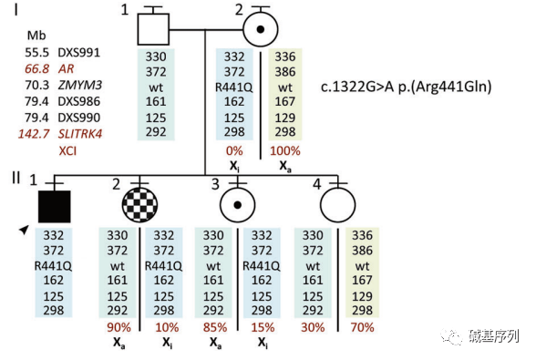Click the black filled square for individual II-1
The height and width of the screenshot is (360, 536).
[55, 207]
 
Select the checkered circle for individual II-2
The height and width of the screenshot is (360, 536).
[139, 205]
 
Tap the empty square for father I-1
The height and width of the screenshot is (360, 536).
[153, 29]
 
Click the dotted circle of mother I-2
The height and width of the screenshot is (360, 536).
[261, 29]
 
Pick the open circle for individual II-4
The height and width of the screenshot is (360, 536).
[337, 205]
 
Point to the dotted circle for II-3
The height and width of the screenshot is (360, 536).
[238, 205]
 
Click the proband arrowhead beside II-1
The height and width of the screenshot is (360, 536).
[24, 230]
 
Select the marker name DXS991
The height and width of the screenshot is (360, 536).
[79, 53]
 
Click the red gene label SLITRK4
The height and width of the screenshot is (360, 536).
[80, 134]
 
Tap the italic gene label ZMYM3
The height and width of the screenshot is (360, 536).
[80, 85]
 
